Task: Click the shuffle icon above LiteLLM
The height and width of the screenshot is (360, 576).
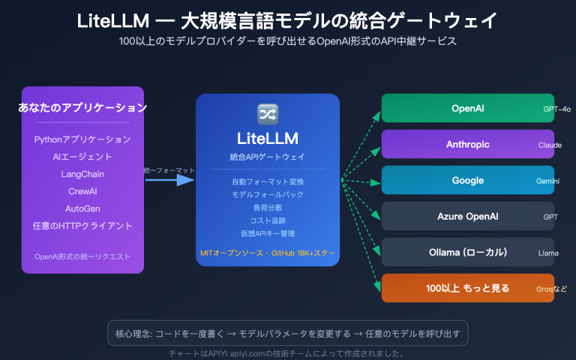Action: click(268, 113)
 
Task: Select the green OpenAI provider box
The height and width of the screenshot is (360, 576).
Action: click(467, 108)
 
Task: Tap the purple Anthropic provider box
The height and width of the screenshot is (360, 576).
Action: click(467, 144)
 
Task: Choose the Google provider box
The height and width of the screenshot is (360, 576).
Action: click(467, 180)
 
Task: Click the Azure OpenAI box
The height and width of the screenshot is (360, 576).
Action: click(467, 216)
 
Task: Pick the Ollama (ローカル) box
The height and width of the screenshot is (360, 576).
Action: click(467, 252)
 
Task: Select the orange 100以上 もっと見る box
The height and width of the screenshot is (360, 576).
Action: click(467, 288)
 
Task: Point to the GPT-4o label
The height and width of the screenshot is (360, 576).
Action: click(557, 109)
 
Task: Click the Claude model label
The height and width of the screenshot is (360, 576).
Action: click(550, 145)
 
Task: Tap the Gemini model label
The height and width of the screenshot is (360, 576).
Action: click(548, 181)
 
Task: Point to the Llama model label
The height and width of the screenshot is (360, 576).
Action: click(548, 253)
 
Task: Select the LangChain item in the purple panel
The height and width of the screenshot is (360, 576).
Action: click(82, 174)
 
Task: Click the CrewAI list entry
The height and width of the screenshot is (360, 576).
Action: click(82, 191)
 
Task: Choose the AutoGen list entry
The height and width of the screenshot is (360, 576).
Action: click(82, 208)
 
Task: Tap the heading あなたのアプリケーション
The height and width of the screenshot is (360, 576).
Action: click(82, 108)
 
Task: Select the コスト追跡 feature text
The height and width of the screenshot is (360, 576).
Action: click(268, 220)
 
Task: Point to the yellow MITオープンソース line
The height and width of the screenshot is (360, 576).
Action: click(268, 253)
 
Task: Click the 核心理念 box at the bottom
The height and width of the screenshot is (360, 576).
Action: click(288, 332)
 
